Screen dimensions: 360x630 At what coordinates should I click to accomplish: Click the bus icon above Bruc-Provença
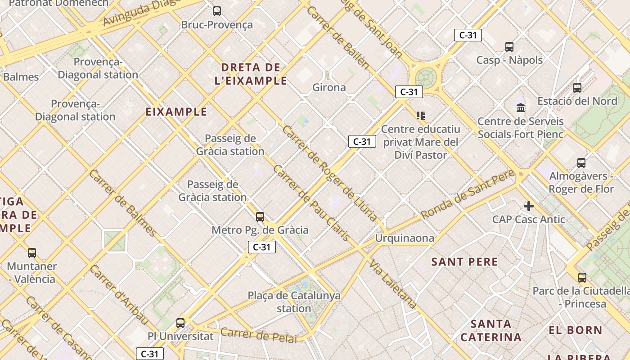pyautogui.click(x=217, y=11)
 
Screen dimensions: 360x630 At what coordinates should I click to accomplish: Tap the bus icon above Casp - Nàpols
pyautogui.click(x=509, y=46)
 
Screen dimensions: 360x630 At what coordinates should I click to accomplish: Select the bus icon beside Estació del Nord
pyautogui.click(x=577, y=88)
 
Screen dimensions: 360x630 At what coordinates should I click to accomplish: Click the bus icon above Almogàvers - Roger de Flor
pyautogui.click(x=581, y=163)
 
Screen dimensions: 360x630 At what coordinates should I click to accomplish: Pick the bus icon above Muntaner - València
pyautogui.click(x=31, y=253)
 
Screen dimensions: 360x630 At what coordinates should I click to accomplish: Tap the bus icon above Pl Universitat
pyautogui.click(x=180, y=323)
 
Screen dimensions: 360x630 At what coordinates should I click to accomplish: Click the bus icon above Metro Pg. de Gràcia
pyautogui.click(x=260, y=217)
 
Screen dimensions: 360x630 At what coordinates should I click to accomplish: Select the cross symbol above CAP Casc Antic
pyautogui.click(x=529, y=206)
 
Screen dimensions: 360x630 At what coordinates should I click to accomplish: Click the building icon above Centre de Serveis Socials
pyautogui.click(x=521, y=108)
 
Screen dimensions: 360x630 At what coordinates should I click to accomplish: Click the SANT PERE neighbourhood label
pyautogui.click(x=464, y=262)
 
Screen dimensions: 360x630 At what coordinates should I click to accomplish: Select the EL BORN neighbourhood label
pyautogui.click(x=576, y=330)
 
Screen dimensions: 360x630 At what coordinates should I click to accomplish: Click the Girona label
pyautogui.click(x=329, y=87)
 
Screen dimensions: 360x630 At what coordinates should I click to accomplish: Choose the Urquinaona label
pyautogui.click(x=405, y=238)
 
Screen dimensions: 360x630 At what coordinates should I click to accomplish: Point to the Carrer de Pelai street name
pyautogui.click(x=259, y=335)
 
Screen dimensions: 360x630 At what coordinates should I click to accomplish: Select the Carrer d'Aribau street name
pyautogui.click(x=119, y=295)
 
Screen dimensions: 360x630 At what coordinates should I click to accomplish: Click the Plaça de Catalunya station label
pyautogui.click(x=294, y=302)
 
